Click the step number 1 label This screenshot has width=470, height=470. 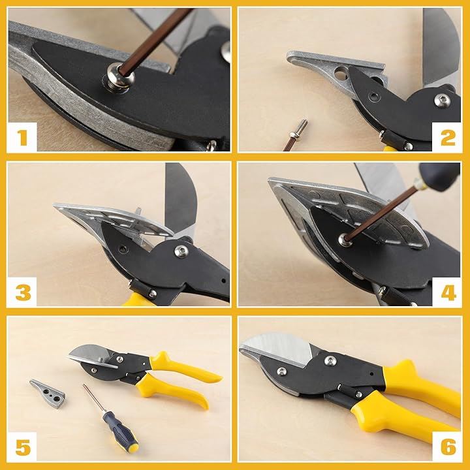pyautogui.click(x=22, y=137)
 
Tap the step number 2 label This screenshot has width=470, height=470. pyautogui.click(x=448, y=138)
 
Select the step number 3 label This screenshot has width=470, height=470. pyautogui.click(x=23, y=293)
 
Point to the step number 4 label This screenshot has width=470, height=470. pyautogui.click(x=448, y=293)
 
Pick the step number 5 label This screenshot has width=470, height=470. pyautogui.click(x=23, y=447)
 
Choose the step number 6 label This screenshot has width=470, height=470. pyautogui.click(x=448, y=447)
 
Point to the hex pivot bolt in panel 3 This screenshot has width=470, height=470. pyautogui.click(x=181, y=251)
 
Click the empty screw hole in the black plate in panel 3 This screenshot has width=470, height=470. pyautogui.click(x=123, y=248)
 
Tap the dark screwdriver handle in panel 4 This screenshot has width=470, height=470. pyautogui.click(x=439, y=176)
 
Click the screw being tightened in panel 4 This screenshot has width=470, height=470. pyautogui.click(x=345, y=240)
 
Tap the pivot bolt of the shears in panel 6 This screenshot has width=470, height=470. pyautogui.click(x=330, y=360)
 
